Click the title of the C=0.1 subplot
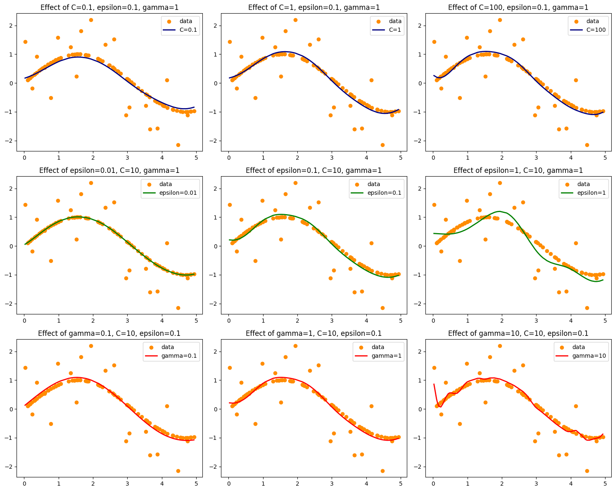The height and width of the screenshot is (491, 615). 109,7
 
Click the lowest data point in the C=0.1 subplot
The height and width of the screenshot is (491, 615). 178,145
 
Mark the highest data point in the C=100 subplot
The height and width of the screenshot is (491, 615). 500,20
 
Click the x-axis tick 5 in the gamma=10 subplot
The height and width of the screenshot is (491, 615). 605,483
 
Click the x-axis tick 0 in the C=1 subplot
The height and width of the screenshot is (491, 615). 228,157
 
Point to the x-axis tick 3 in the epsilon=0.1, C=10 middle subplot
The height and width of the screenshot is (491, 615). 332,320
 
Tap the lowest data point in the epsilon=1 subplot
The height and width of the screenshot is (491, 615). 587,308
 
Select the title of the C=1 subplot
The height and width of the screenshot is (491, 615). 314,7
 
